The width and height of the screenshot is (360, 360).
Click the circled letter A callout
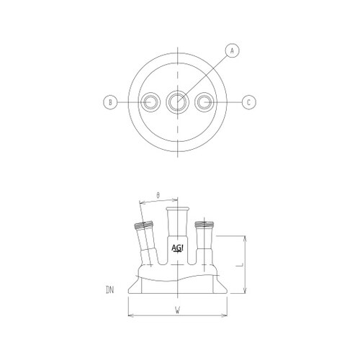click(232, 50)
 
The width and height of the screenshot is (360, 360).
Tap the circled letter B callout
click(110, 102)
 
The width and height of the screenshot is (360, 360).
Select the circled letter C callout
click(248, 102)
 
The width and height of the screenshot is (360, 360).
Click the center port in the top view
click(177, 102)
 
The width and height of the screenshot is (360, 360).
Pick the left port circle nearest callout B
click(150, 102)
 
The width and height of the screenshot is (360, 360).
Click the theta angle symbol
click(158, 194)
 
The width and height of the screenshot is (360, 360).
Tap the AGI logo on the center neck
click(177, 249)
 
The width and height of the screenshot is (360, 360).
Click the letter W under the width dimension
click(177, 310)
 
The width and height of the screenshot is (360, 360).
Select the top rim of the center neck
click(177, 208)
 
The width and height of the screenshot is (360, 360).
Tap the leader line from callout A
click(205, 76)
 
